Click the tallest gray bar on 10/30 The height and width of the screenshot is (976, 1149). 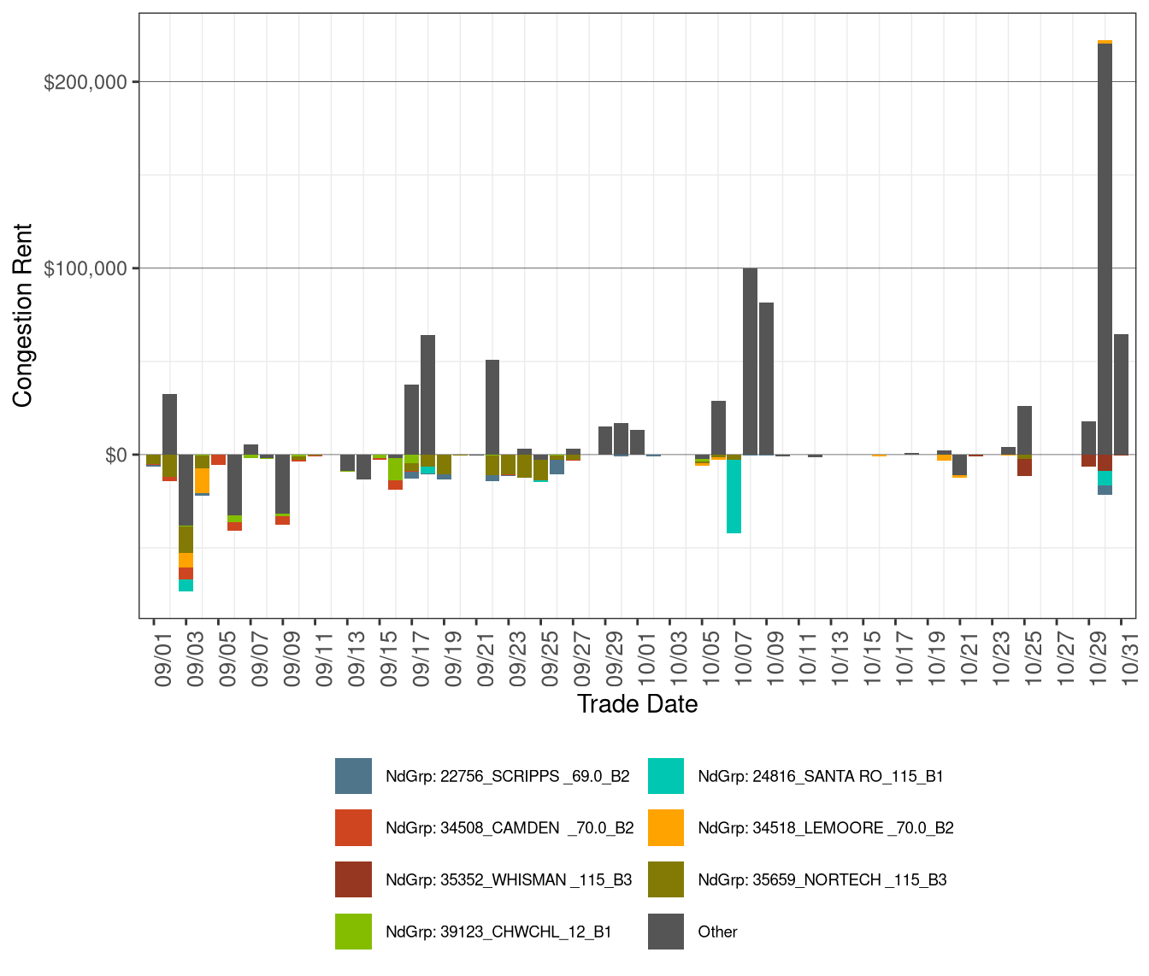(x=1105, y=248)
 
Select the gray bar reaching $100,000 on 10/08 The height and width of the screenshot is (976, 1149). (x=750, y=361)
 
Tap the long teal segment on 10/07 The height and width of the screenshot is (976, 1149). (x=734, y=496)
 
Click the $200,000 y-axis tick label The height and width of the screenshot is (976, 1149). (x=85, y=82)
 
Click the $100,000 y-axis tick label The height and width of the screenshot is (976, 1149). (x=85, y=268)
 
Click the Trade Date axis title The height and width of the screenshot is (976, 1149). (x=637, y=704)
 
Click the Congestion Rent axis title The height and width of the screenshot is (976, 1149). (x=22, y=315)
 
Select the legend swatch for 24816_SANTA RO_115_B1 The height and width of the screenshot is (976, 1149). (x=666, y=776)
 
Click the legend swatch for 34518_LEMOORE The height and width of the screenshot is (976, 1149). (x=666, y=827)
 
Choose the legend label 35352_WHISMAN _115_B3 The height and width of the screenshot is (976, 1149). (x=509, y=879)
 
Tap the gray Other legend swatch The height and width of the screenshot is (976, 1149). (x=666, y=932)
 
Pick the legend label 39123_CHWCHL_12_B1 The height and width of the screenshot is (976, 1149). (x=498, y=932)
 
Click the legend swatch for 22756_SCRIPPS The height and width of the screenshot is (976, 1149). (x=353, y=776)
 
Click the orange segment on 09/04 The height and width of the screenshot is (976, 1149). (x=202, y=480)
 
